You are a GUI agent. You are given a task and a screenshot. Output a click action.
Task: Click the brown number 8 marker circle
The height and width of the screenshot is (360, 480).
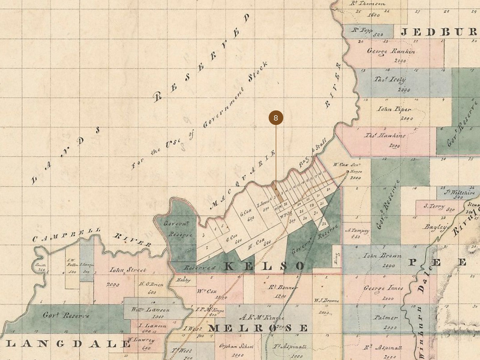coord(276,118)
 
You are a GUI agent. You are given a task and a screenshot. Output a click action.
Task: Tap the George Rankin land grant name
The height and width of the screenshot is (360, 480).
coord(391,51)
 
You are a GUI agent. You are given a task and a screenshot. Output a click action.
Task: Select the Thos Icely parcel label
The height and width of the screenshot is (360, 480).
coord(390,79)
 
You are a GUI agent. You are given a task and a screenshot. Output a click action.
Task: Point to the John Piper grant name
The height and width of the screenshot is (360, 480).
coord(394,109)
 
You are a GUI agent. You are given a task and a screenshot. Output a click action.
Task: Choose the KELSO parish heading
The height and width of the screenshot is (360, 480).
coord(264,266)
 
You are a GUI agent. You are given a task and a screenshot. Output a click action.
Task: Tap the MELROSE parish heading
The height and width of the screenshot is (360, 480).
coord(258,328)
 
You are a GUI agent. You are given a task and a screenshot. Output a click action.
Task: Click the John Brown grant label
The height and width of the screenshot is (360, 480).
coord(382,256)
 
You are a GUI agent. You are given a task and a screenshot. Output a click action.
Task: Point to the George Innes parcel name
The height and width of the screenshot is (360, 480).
coord(383,289)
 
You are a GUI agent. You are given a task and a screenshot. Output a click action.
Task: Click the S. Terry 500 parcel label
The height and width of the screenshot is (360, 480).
coord(435,206)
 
